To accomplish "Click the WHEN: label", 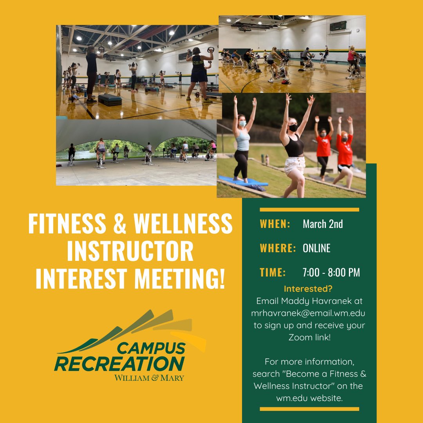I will (x=275, y=224).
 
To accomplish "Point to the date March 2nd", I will (x=323, y=224).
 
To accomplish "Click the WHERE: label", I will (x=278, y=248).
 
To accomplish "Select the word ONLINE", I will (x=316, y=248).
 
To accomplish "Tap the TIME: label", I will (x=273, y=273).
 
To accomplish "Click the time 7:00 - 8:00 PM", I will (x=331, y=273).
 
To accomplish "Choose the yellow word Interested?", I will (x=308, y=289).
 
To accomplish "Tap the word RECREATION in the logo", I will (x=119, y=363).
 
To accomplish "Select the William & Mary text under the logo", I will (x=149, y=378).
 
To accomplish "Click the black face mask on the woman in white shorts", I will (x=293, y=128).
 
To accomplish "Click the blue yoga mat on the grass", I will (x=243, y=181).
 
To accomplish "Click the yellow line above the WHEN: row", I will (x=309, y=210).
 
